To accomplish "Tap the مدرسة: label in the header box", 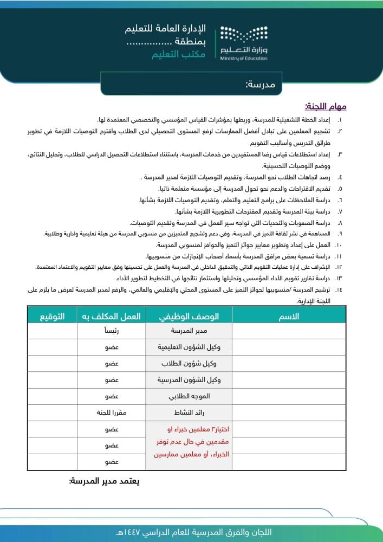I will (261, 85).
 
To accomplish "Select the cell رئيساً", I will (111, 331).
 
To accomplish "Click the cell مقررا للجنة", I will (111, 412).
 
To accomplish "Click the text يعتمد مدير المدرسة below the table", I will (105, 481).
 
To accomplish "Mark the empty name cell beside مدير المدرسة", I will (289, 331).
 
